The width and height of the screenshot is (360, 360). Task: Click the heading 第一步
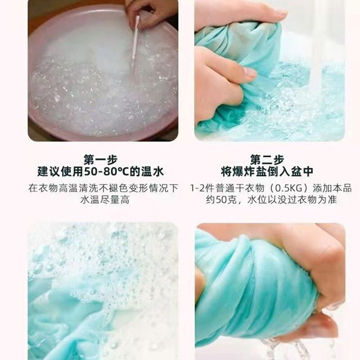pos(101,160)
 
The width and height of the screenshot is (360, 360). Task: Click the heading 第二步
pos(267,160)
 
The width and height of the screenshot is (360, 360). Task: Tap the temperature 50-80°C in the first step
pos(106,172)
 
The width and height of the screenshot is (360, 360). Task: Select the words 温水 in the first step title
pos(152,172)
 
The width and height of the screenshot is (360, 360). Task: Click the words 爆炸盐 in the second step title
pos(250,172)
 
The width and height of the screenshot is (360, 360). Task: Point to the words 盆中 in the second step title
pos(302,172)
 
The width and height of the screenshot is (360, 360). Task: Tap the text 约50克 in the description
pos(221,200)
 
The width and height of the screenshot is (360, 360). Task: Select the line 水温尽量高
pos(105,200)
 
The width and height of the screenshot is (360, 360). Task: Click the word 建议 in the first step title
pos(49,172)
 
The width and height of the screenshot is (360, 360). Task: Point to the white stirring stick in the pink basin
pos(135,40)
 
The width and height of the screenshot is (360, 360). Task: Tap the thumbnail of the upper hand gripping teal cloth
pos(269,70)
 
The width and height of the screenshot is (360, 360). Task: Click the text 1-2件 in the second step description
pos(201,188)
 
